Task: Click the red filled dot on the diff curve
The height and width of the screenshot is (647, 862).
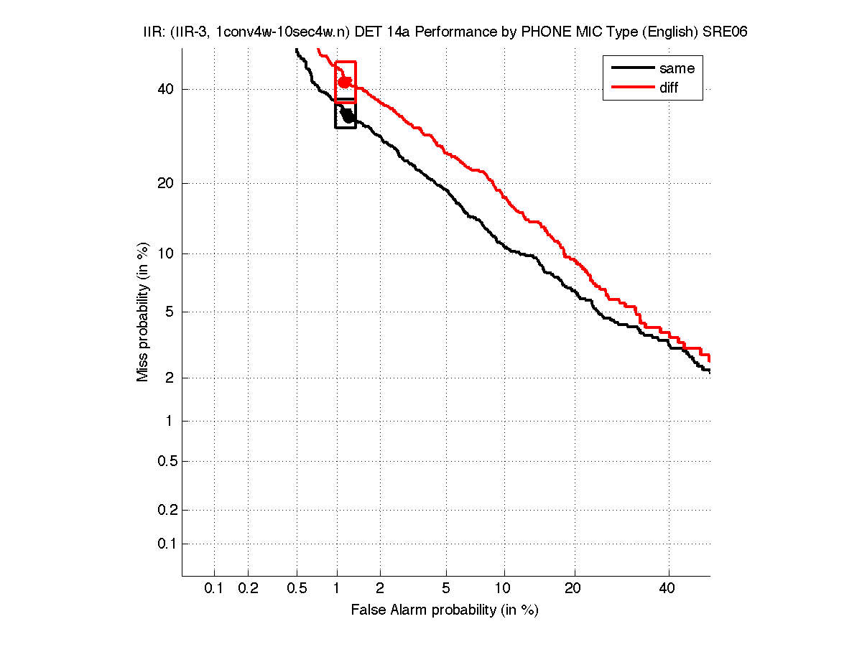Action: tap(345, 82)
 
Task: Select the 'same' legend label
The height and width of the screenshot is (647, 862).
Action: tap(677, 68)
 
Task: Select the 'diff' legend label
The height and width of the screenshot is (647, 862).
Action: tap(669, 88)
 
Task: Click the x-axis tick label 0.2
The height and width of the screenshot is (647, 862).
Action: tap(248, 588)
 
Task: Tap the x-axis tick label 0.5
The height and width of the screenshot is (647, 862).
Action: tap(297, 588)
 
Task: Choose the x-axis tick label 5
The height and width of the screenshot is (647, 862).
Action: tap(446, 588)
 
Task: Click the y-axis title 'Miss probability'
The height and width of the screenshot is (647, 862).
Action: tap(144, 312)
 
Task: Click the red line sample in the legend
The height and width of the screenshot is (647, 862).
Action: tap(632, 88)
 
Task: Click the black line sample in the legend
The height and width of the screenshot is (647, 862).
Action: tap(632, 68)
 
